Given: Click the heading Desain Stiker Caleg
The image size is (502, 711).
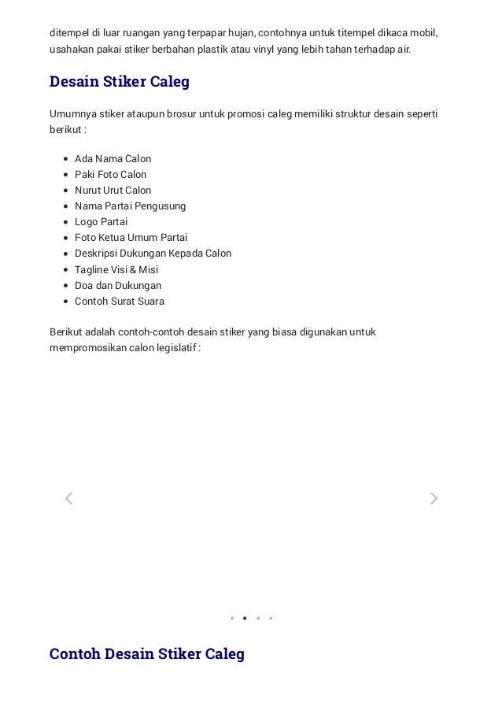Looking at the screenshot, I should (x=119, y=82).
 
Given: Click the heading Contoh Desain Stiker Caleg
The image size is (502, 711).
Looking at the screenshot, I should (x=146, y=654).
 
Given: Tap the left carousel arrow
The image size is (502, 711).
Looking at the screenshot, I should (x=68, y=498).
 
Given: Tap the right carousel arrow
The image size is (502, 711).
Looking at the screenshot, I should (x=434, y=498).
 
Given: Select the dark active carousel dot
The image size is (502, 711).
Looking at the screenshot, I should (x=245, y=618).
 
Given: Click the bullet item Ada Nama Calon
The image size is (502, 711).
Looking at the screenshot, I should (x=113, y=159).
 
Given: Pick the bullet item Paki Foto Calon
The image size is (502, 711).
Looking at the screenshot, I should (x=110, y=175).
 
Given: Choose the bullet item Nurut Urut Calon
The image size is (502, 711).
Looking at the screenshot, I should (x=113, y=191).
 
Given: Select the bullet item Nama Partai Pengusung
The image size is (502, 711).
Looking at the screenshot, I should (x=130, y=206).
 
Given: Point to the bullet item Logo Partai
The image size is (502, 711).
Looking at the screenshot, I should (x=101, y=222).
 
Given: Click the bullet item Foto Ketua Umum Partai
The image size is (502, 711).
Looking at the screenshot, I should (x=131, y=238).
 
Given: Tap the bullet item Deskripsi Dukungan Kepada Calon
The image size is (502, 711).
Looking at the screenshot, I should (x=153, y=254).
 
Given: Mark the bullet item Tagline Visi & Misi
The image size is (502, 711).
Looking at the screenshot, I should (x=116, y=270).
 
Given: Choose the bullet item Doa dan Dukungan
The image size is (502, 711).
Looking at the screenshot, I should (x=118, y=286).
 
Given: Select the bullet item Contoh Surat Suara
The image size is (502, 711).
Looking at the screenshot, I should (x=120, y=302).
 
